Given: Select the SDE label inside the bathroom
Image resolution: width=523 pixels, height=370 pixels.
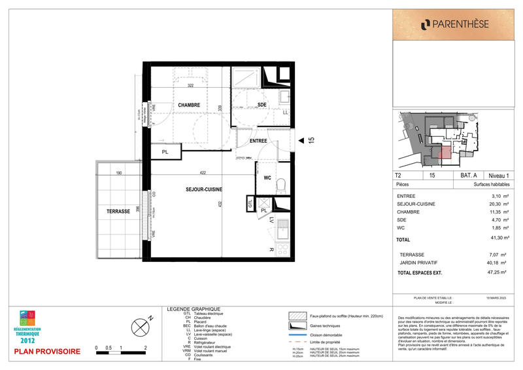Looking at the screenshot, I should click(262, 105).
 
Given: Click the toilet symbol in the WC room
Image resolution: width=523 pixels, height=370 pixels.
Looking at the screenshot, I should click(281, 185).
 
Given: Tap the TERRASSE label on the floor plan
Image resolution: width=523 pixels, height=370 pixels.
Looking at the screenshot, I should click(118, 212).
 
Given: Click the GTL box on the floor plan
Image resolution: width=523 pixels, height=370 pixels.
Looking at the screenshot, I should click(250, 204).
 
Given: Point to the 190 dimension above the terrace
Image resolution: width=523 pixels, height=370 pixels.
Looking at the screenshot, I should click(119, 174).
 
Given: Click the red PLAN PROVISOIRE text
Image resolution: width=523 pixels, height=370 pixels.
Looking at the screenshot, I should click(48, 352).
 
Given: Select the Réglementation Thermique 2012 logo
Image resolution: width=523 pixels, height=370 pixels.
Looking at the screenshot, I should click(28, 326).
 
